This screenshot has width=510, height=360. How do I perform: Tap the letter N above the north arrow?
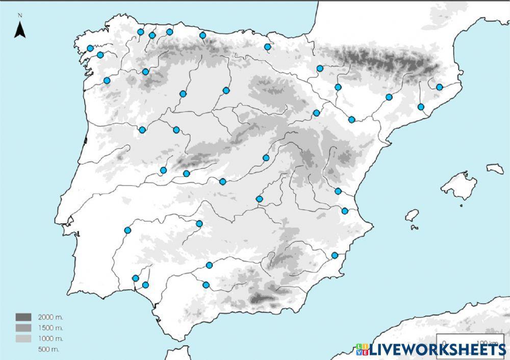click(x=20, y=16)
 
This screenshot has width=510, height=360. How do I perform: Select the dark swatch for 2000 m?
click(x=23, y=317)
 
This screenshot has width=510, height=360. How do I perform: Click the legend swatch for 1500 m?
click(x=23, y=327)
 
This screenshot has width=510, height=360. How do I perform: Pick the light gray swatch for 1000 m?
click(x=23, y=338)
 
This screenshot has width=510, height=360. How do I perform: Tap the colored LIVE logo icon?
click(x=362, y=349)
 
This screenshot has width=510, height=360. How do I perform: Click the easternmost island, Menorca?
click(x=495, y=168)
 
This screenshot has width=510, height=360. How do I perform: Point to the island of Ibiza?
click(x=412, y=215)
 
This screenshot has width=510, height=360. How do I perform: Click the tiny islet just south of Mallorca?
click(x=461, y=205)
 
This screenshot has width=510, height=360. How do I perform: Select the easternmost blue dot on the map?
click(x=439, y=87)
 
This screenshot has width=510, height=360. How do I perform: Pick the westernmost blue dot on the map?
click(x=90, y=48)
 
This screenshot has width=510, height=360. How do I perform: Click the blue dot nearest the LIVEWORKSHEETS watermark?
click(x=335, y=255)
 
